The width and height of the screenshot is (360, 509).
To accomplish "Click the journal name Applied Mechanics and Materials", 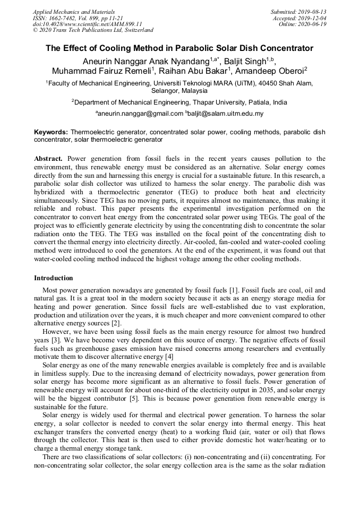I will [x=73, y=12].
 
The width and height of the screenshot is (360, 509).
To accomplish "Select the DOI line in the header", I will [x=87, y=24].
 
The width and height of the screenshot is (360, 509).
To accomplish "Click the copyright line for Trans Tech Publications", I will [x=93, y=31].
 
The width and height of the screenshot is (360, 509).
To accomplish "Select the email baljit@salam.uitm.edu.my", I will [x=225, y=114].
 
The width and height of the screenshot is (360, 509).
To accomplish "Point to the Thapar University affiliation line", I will [x=180, y=102].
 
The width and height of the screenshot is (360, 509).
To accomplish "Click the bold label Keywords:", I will [x=51, y=131].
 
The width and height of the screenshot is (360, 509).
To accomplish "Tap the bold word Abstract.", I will [x=48, y=159].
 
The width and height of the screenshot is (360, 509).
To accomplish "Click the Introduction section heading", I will [x=53, y=278].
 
